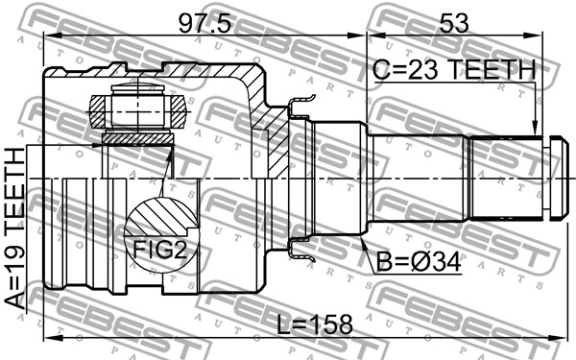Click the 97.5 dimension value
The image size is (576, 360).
click(x=204, y=24)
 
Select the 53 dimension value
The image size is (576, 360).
click(x=454, y=23)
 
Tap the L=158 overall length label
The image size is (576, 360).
click(x=315, y=324)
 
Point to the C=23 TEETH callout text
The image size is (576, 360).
click(x=454, y=70)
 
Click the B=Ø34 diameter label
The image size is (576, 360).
click(x=419, y=263)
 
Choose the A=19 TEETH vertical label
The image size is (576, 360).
click(x=15, y=228)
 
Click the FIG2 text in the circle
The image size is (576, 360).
click(x=159, y=249)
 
